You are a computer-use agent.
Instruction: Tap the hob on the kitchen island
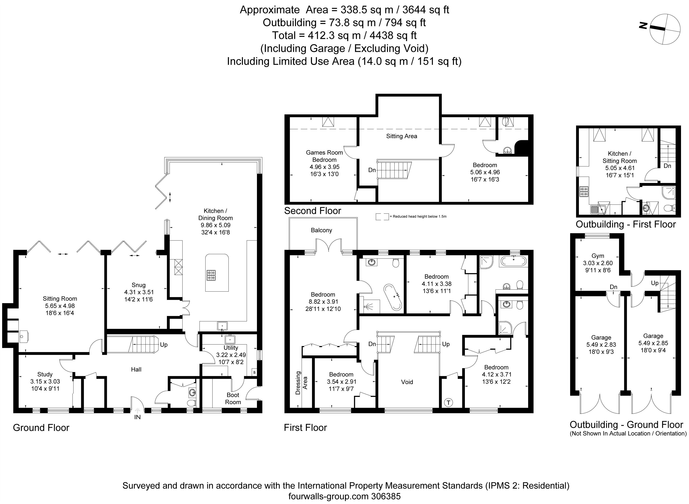tap(211, 275)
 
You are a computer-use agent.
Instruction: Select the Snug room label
tap(138, 285)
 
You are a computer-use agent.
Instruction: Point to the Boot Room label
tap(233, 398)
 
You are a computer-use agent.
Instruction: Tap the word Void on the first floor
tap(407, 382)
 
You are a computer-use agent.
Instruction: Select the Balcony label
tap(321, 230)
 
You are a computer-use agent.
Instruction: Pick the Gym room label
tap(597, 256)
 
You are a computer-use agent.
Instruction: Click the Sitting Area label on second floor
tap(402, 136)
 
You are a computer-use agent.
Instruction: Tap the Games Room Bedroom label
tap(324, 156)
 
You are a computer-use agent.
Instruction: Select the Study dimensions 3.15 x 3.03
tap(45, 381)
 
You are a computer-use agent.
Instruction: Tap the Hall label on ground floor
tap(136, 369)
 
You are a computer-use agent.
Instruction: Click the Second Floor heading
tap(312, 211)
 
